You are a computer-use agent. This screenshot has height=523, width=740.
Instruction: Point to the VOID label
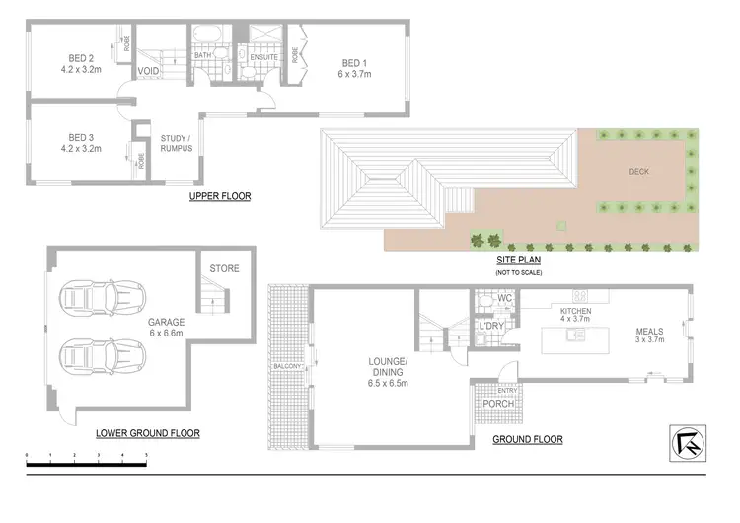pos(149,72)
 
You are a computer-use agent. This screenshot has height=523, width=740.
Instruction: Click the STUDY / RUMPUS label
pos(178,143)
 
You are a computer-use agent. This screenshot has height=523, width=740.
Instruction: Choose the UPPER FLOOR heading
pos(219,196)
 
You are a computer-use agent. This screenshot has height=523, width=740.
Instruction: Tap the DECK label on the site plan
pos(639,170)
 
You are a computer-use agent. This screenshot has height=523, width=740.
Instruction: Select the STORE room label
pos(224,268)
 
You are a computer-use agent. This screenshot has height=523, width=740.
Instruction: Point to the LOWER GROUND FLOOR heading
pos(148,432)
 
